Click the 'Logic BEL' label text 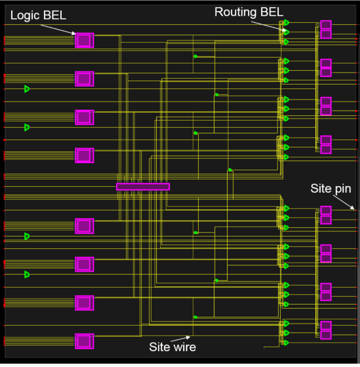click(38, 15)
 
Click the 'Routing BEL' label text click(249, 12)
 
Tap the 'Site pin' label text click(330, 188)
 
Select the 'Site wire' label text click(173, 347)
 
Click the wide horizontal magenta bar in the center click(143, 187)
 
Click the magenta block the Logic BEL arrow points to click(84, 40)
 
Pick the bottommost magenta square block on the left click(84, 341)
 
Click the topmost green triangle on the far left click(27, 89)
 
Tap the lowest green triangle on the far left click(27, 275)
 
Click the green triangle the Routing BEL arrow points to click(286, 32)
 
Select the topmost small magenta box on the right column click(326, 25)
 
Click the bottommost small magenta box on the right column click(326, 335)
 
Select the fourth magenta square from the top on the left click(84, 156)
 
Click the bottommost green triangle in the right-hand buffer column click(286, 343)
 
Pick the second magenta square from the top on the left click(84, 79)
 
